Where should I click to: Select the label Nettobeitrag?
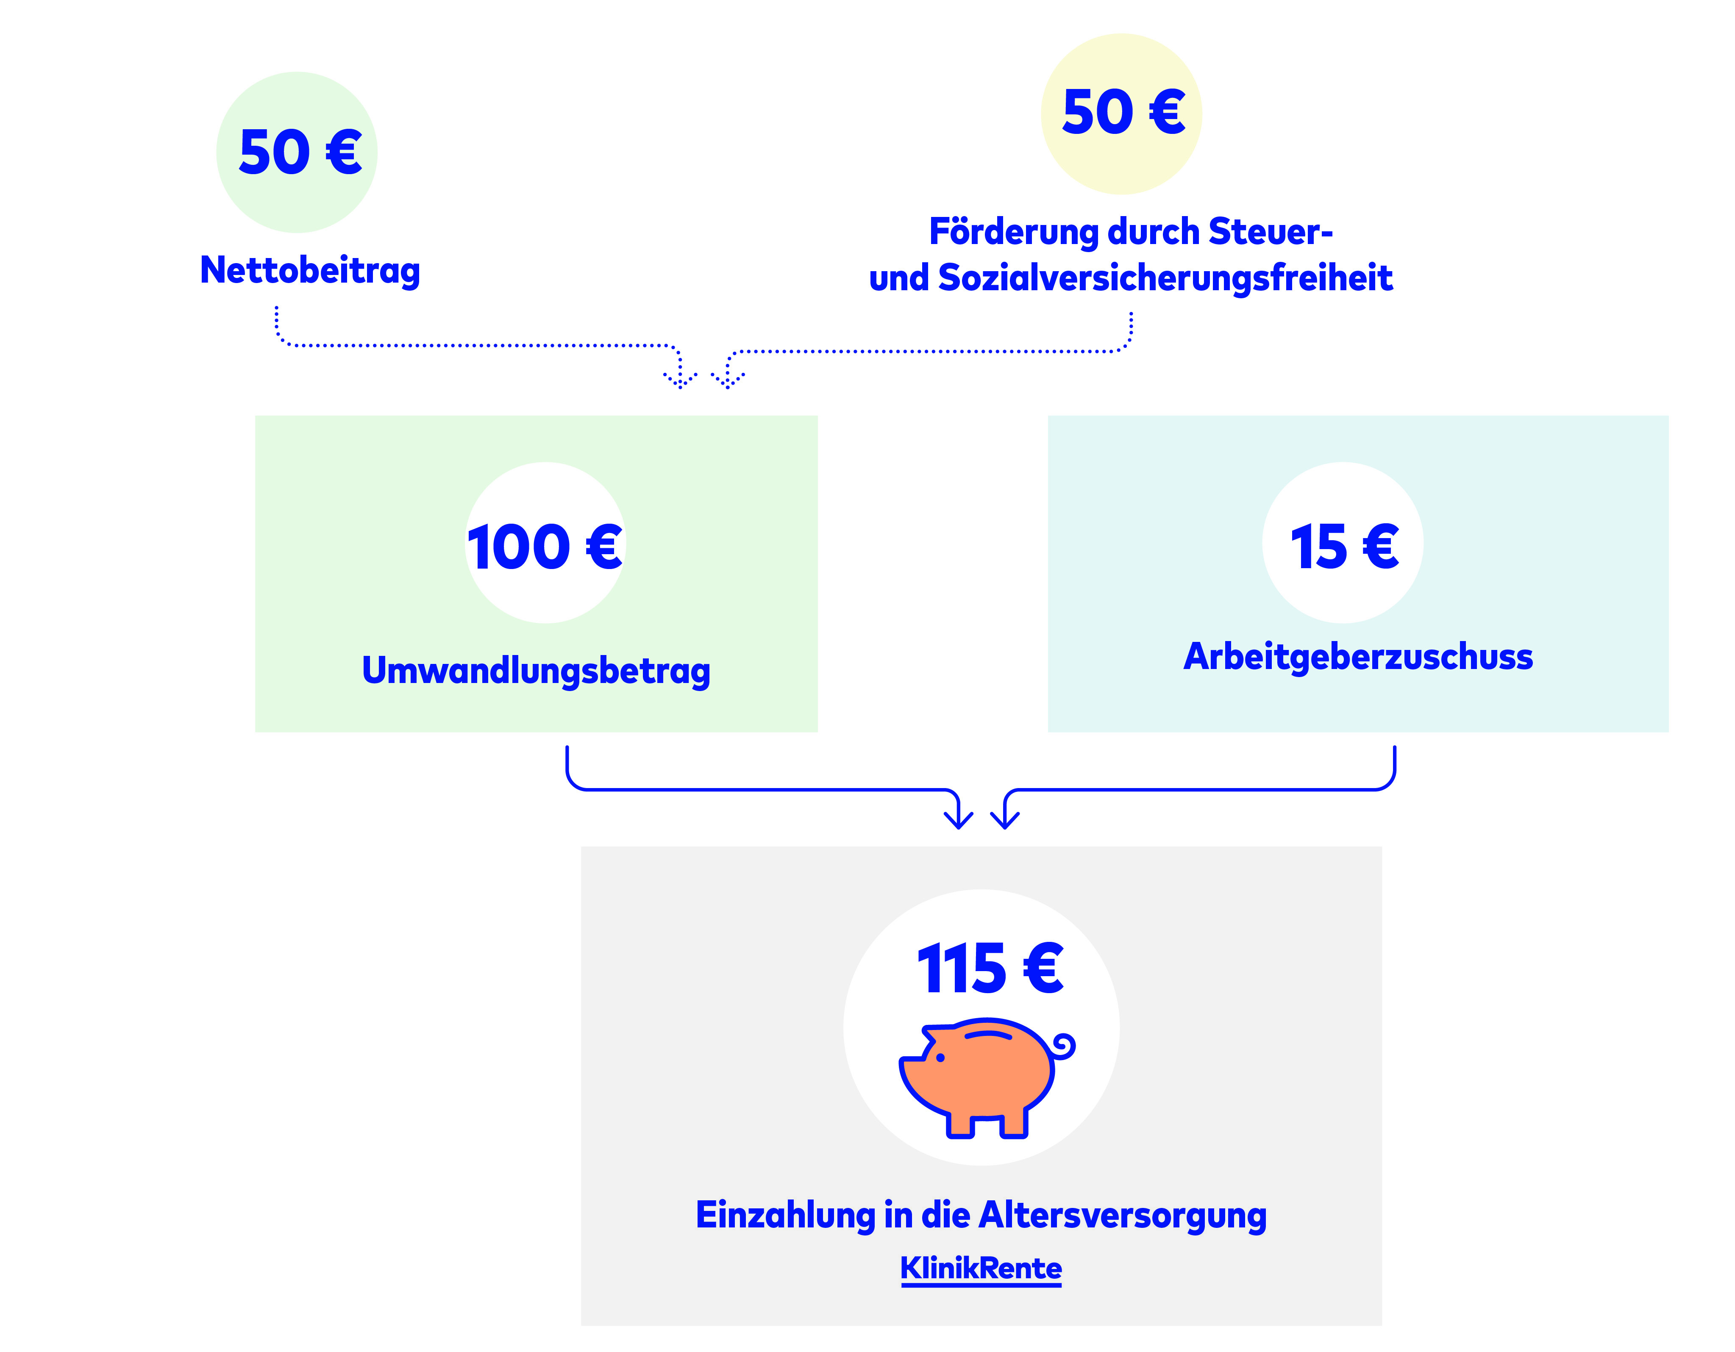310,270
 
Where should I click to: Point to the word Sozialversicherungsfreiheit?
1165,278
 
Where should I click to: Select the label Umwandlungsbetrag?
536,670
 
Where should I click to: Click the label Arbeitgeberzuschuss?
1358,656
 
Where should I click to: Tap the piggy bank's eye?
940,1057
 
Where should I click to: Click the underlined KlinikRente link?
980,1268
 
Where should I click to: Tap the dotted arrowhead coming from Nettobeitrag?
681,380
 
